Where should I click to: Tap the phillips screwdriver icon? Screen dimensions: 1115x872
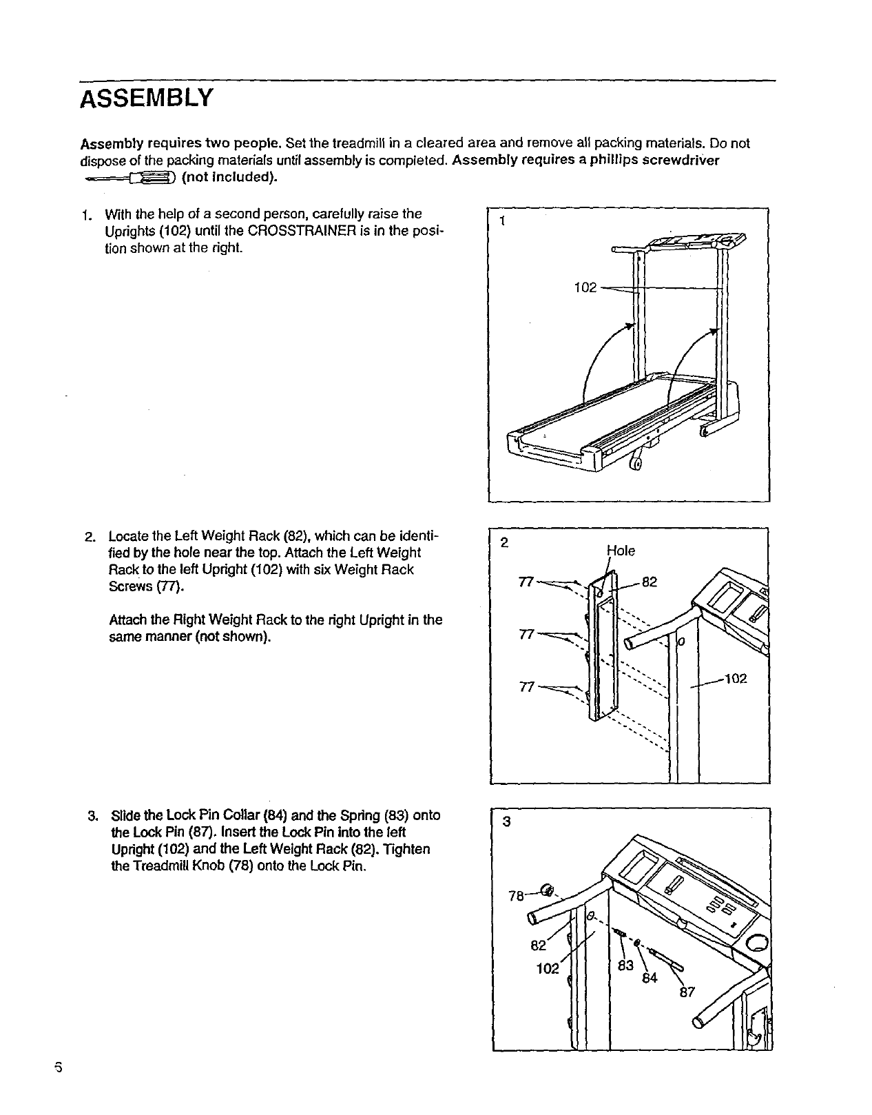point(131,179)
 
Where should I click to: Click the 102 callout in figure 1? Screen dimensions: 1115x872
point(585,288)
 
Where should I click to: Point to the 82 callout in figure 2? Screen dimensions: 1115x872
point(650,582)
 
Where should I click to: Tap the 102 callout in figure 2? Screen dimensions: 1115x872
point(736,679)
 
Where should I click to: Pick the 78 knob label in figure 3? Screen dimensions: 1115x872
point(516,897)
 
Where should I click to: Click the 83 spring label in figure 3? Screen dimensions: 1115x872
point(625,966)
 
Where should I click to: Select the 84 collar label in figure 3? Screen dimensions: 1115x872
point(650,978)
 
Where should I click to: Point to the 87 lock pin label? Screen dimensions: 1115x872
point(687,992)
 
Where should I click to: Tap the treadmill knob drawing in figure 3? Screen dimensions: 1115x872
point(548,890)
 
